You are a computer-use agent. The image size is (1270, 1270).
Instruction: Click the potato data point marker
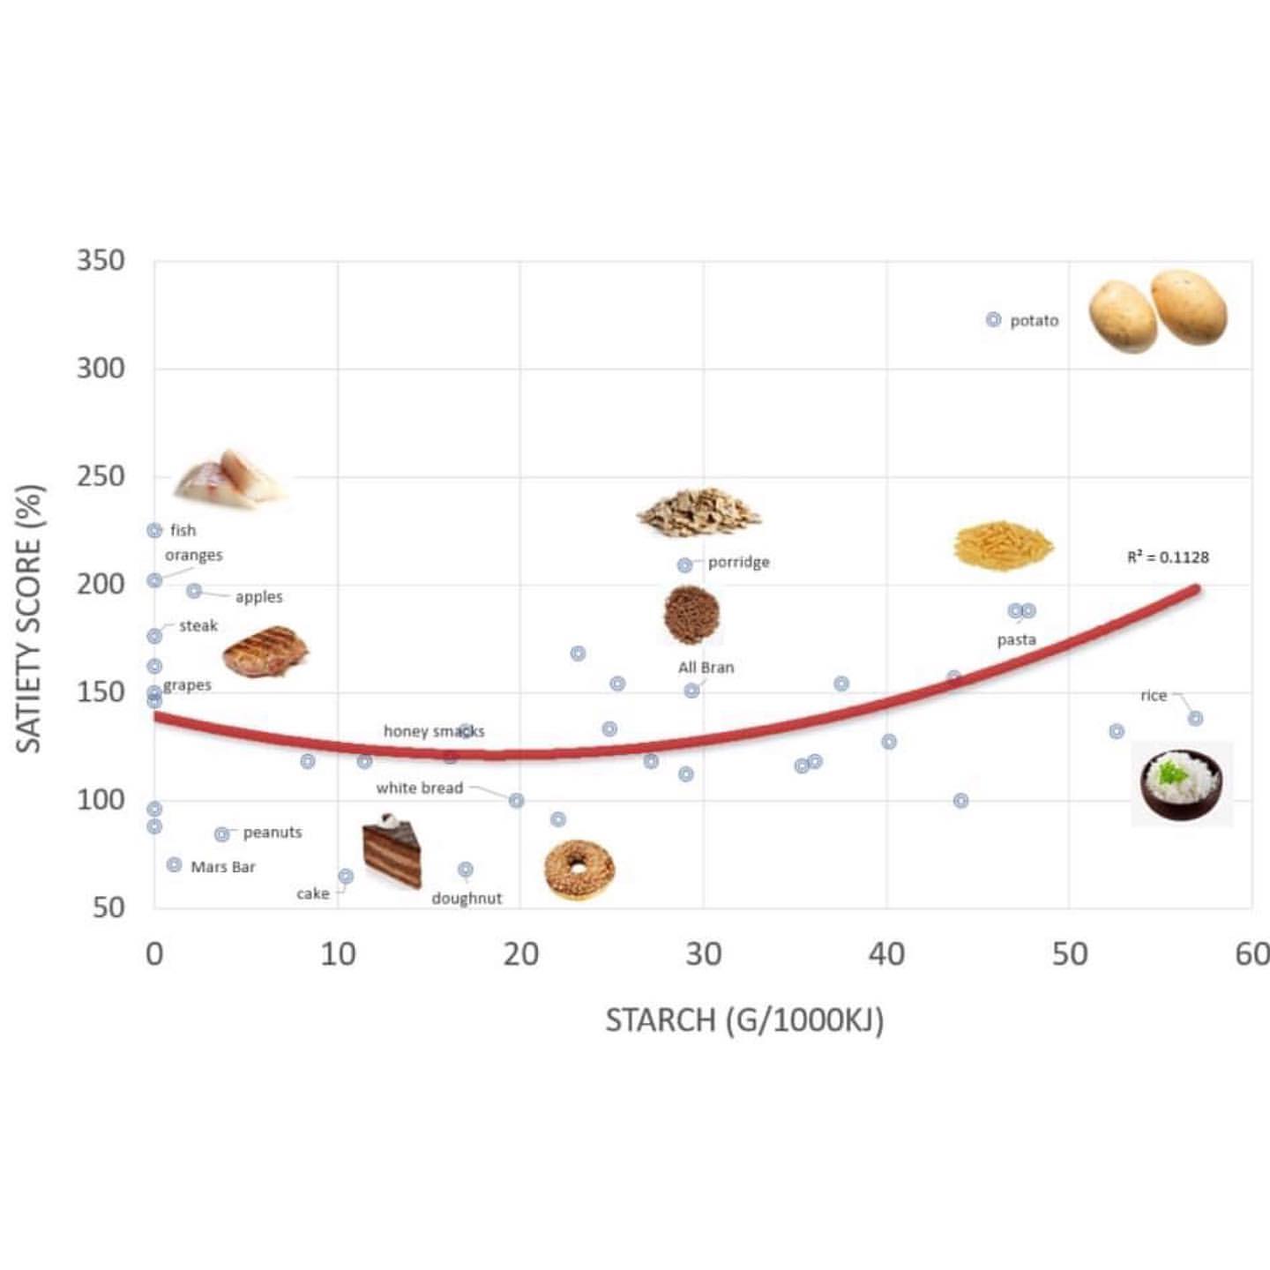tap(993, 319)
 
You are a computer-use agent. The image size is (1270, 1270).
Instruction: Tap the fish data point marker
tap(154, 530)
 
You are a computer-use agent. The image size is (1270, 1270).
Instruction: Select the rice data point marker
tap(1195, 718)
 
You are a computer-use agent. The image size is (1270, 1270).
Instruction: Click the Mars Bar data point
tap(175, 864)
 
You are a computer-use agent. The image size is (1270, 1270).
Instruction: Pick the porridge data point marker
tap(684, 564)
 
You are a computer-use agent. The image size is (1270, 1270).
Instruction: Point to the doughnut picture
tap(579, 869)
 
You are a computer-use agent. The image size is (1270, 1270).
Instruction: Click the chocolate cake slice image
tap(392, 851)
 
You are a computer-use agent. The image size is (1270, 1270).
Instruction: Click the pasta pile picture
tap(1004, 545)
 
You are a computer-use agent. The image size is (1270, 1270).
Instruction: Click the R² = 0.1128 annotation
tap(1168, 557)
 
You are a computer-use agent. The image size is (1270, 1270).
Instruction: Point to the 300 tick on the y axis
tap(101, 369)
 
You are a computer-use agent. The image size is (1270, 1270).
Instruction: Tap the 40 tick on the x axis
tap(886, 954)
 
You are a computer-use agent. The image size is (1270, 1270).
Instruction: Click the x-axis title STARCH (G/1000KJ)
tap(744, 1020)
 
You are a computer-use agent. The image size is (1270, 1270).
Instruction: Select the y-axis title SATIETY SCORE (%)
tap(29, 617)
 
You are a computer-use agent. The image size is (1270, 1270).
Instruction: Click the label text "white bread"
tap(419, 788)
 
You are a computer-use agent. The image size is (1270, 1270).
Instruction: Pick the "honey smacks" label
tap(434, 731)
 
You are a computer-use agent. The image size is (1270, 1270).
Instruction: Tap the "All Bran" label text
tap(706, 668)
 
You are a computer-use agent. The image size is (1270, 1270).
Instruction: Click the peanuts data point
tap(222, 833)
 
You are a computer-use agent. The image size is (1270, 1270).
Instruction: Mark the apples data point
tap(194, 590)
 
